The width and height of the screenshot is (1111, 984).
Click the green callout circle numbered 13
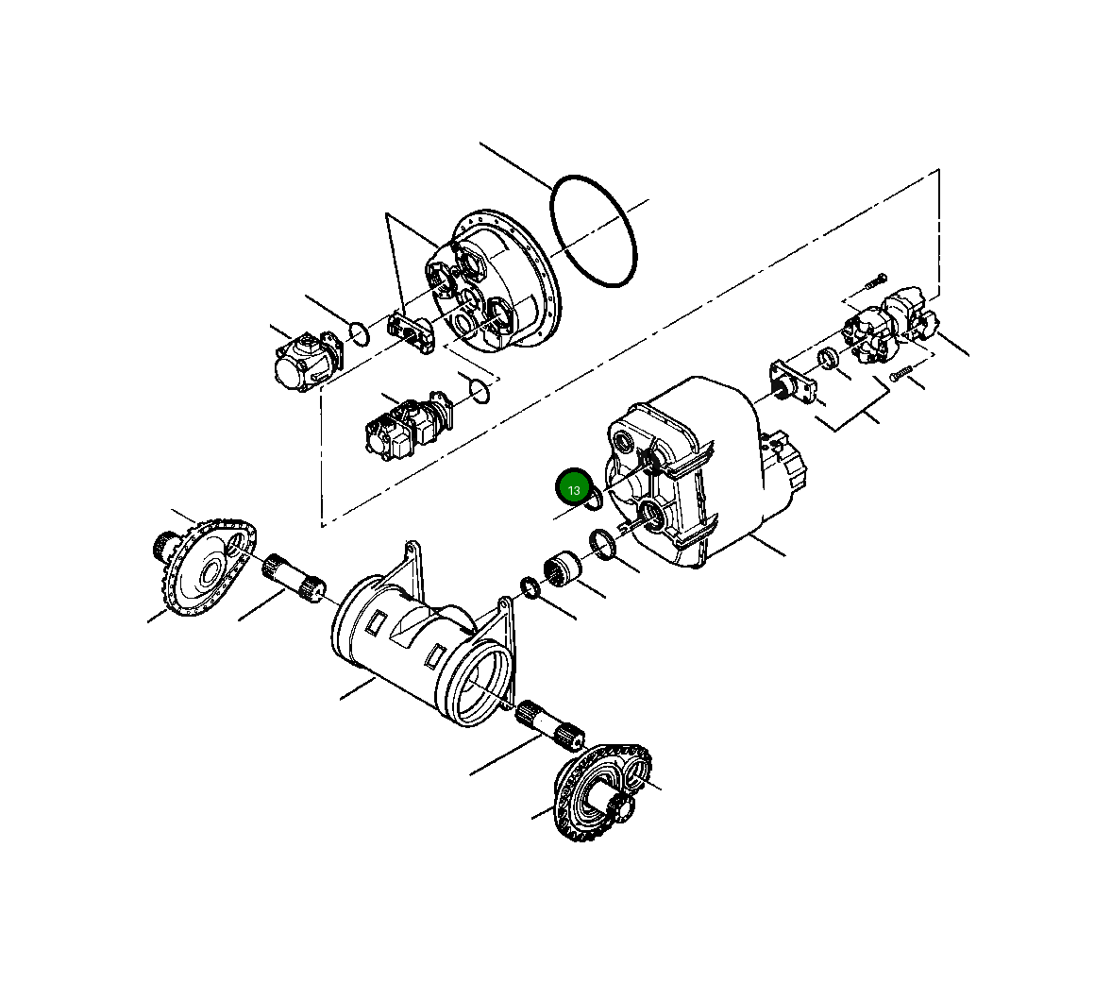[573, 489]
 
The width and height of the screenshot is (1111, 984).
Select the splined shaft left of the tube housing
[294, 579]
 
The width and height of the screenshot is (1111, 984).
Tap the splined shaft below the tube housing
[551, 724]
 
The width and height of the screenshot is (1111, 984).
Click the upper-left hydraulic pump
[307, 362]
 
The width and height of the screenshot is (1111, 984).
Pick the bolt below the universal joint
[898, 373]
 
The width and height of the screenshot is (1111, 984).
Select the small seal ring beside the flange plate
[828, 359]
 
